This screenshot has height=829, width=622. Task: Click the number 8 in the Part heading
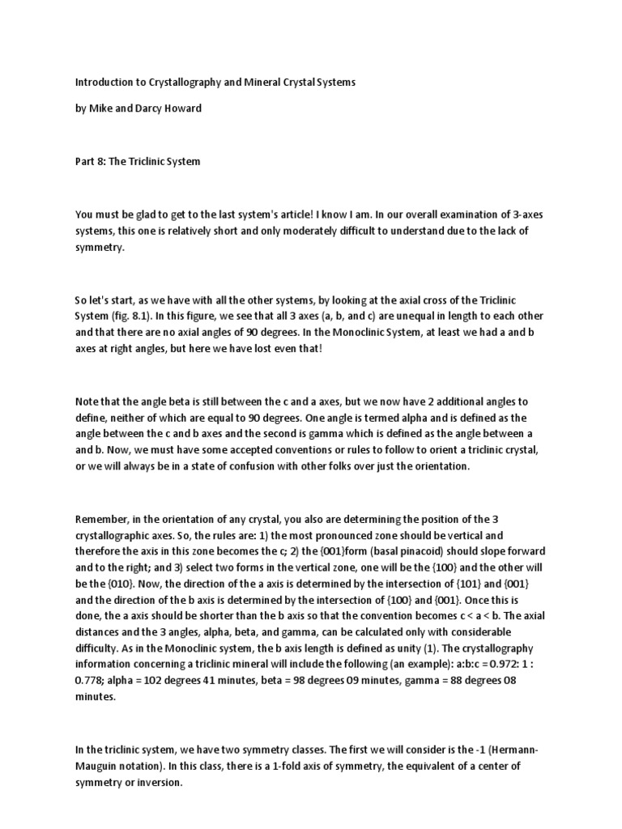click(x=103, y=161)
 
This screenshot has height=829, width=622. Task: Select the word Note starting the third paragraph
click(x=87, y=402)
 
